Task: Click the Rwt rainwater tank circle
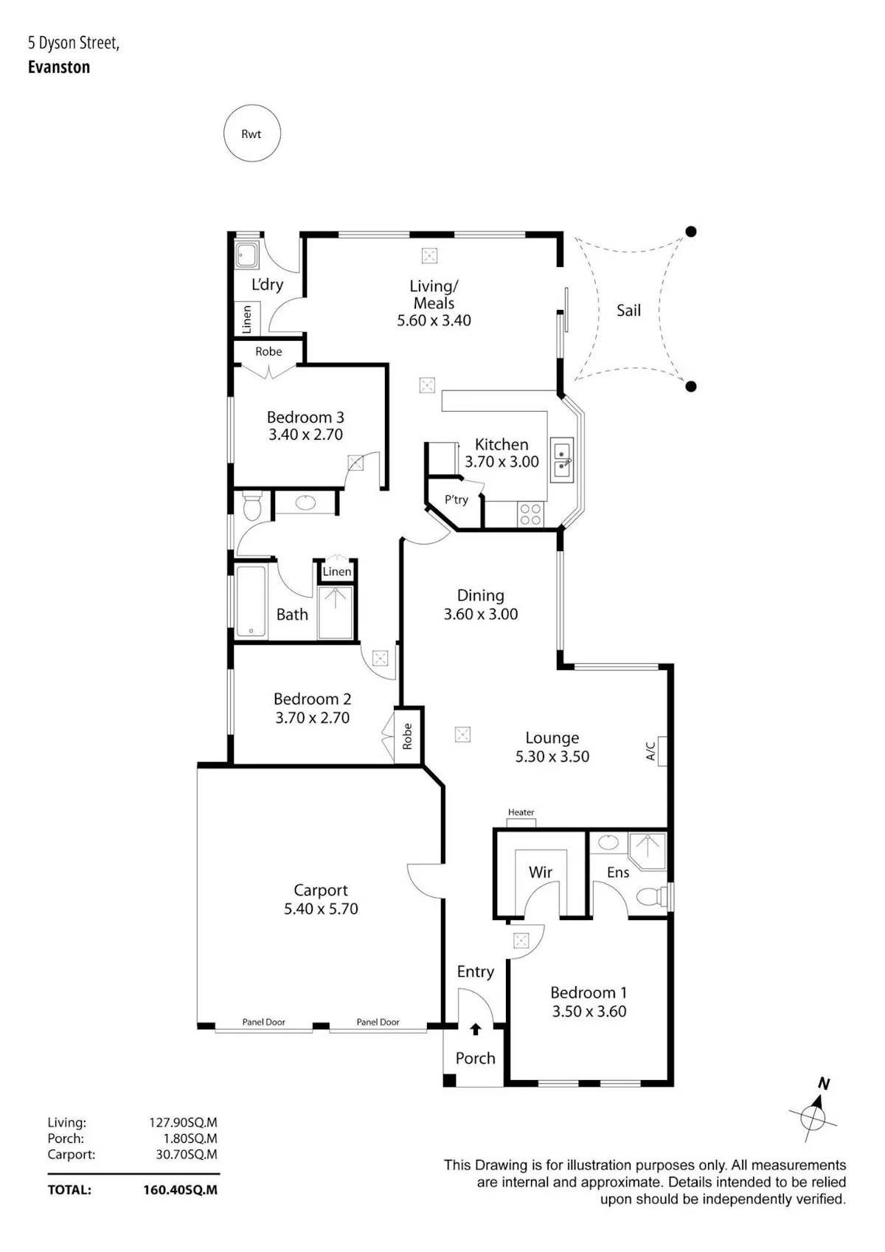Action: pyautogui.click(x=251, y=134)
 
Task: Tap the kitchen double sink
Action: pyautogui.click(x=561, y=460)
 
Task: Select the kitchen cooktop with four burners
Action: pyautogui.click(x=529, y=514)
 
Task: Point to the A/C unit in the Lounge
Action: pyautogui.click(x=662, y=750)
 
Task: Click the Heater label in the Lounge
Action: pyautogui.click(x=521, y=812)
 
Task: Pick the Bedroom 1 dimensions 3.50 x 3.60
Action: pyautogui.click(x=589, y=1011)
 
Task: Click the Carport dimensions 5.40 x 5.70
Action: pyautogui.click(x=321, y=909)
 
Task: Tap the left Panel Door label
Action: pyautogui.click(x=264, y=1022)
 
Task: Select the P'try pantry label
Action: pyautogui.click(x=456, y=499)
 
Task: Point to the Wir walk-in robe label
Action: pyautogui.click(x=541, y=872)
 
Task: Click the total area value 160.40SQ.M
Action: pyautogui.click(x=181, y=1190)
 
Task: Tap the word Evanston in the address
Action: pyautogui.click(x=59, y=67)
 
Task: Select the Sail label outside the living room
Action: pyautogui.click(x=628, y=310)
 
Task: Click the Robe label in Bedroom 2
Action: pyautogui.click(x=407, y=736)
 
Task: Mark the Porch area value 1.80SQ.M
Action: pyautogui.click(x=190, y=1138)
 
